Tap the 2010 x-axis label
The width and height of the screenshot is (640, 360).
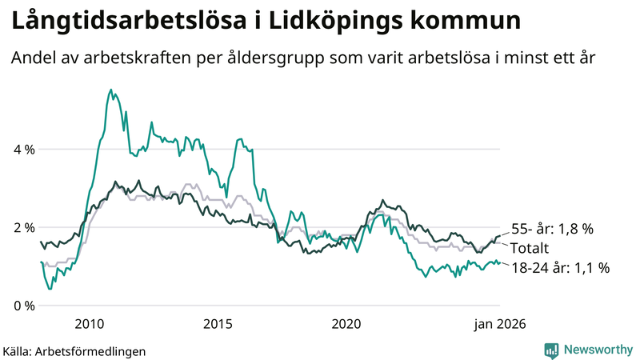89,324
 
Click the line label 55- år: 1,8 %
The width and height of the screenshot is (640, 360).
552,229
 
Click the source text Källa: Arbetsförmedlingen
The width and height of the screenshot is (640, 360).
74,350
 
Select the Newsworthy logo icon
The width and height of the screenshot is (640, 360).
551,350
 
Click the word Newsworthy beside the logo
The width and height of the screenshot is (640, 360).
597,350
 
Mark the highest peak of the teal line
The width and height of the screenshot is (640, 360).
110,90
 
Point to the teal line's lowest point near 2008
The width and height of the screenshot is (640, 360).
50,288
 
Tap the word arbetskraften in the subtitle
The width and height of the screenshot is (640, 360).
134,59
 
